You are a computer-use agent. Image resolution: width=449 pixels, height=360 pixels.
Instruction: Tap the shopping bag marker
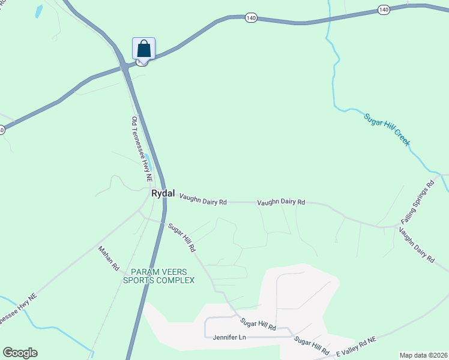143,49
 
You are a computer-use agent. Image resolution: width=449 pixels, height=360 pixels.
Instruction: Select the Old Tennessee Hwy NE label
142,150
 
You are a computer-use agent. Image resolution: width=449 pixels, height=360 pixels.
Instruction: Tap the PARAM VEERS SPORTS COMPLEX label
158,276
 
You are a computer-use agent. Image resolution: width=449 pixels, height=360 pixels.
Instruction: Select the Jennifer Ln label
229,337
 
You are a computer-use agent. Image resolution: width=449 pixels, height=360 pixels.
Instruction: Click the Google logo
20,353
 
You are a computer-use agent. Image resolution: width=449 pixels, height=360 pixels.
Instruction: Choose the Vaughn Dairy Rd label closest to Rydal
203,203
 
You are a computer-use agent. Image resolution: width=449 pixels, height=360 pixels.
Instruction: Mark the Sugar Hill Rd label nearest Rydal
182,237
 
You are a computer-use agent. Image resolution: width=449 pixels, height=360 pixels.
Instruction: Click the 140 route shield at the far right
384,10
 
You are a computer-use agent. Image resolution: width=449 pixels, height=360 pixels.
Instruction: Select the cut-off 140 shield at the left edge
2,130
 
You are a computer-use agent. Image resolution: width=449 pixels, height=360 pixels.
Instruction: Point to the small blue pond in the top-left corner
39,11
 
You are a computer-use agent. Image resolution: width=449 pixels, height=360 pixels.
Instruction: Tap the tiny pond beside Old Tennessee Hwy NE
146,158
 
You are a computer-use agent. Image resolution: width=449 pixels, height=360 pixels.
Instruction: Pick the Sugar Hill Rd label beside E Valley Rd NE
312,345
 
